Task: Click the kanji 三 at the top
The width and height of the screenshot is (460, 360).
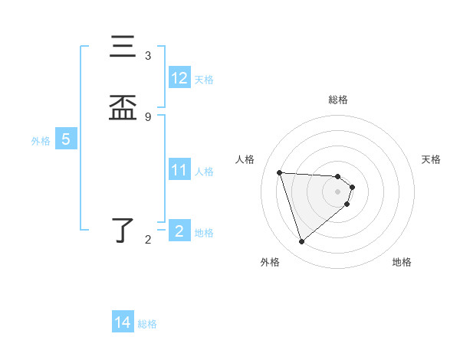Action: [123, 47]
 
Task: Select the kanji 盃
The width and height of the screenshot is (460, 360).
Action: [123, 108]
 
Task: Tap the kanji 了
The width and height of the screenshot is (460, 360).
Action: [123, 231]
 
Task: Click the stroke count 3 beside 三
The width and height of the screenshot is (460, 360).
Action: [148, 56]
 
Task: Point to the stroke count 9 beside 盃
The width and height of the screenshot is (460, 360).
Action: [148, 116]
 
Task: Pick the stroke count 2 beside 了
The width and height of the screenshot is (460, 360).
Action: [148, 240]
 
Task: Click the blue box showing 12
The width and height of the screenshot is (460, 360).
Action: [179, 78]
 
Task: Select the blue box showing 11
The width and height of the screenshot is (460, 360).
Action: [179, 170]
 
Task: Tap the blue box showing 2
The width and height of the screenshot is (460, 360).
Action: [179, 231]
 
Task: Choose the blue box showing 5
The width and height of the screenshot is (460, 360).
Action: [66, 139]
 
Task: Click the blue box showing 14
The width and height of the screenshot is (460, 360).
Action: [123, 322]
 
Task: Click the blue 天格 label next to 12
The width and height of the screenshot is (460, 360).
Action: [204, 80]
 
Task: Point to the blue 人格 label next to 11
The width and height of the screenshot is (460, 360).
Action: [204, 172]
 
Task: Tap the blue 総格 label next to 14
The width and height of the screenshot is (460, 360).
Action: [147, 324]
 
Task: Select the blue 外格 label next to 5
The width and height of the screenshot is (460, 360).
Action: [41, 141]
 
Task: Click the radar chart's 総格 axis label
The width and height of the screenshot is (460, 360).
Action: [338, 100]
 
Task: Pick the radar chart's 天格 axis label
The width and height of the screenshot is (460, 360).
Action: [432, 159]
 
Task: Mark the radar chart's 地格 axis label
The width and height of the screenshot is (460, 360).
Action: [402, 262]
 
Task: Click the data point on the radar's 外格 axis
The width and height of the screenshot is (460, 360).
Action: [301, 241]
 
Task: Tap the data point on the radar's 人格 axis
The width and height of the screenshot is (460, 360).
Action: [280, 172]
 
